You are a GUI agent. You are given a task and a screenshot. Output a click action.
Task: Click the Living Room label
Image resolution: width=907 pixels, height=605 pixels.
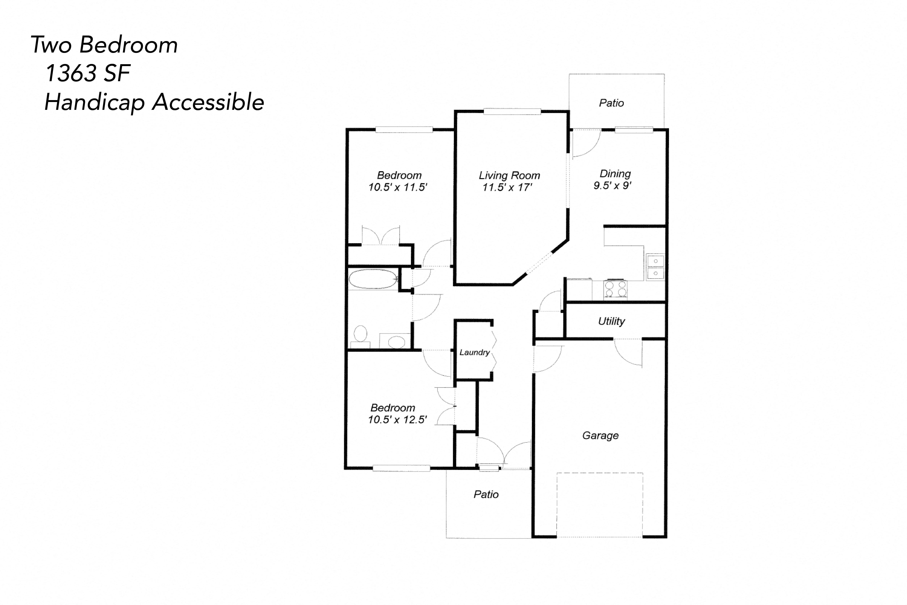[509, 176]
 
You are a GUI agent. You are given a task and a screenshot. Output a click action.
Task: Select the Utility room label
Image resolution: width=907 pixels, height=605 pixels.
[611, 321]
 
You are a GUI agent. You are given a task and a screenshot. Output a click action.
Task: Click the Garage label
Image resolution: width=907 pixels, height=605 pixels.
[600, 436]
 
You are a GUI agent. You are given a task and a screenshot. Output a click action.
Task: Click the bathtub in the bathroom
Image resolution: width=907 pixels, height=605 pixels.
[373, 279]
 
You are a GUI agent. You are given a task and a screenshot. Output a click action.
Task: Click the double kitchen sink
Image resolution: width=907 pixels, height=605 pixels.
[655, 267]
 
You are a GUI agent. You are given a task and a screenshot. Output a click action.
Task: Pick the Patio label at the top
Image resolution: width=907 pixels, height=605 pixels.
[611, 103]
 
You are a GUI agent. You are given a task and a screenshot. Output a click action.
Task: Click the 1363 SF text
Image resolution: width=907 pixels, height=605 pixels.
[88, 73]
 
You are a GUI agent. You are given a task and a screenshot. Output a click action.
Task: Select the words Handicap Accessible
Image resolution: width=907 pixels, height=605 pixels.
[154, 102]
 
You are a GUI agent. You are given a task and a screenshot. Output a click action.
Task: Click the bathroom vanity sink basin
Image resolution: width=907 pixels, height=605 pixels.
[396, 342]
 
